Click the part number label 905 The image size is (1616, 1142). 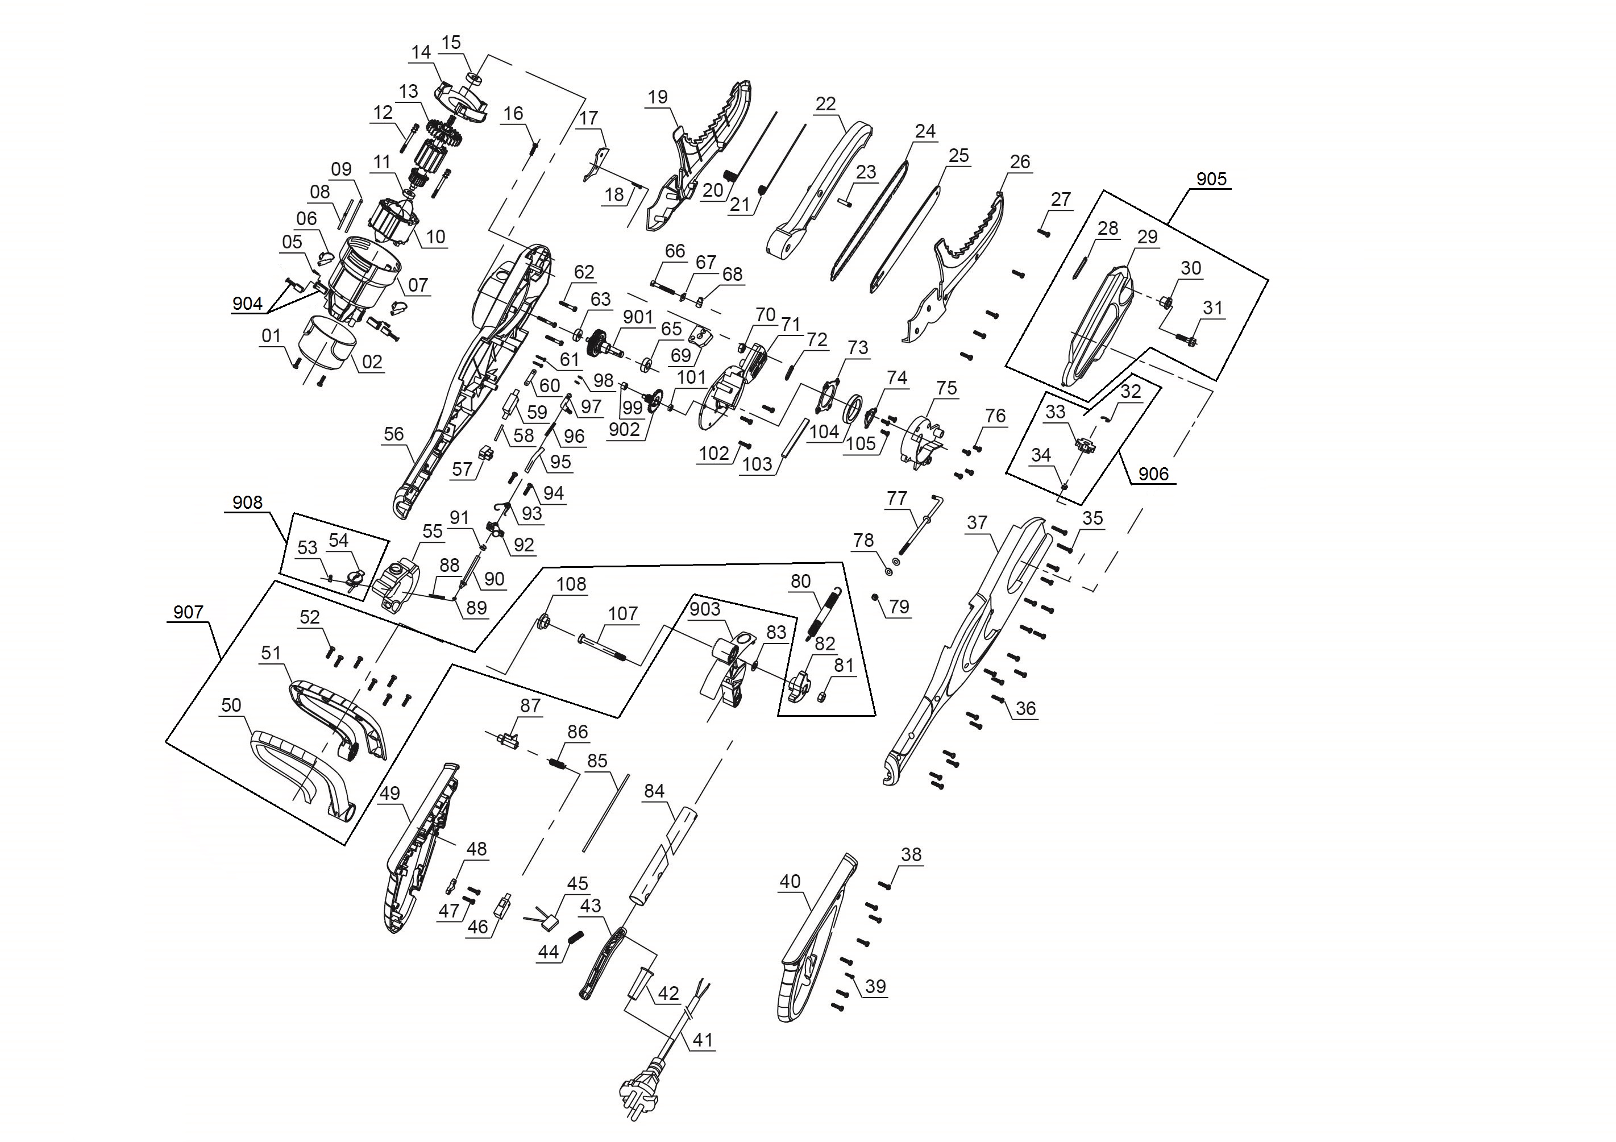(1211, 179)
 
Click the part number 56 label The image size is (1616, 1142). (394, 434)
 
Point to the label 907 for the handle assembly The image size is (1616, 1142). (188, 612)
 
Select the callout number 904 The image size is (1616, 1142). (247, 304)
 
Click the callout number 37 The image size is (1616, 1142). (977, 522)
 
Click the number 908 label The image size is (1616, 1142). (247, 502)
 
